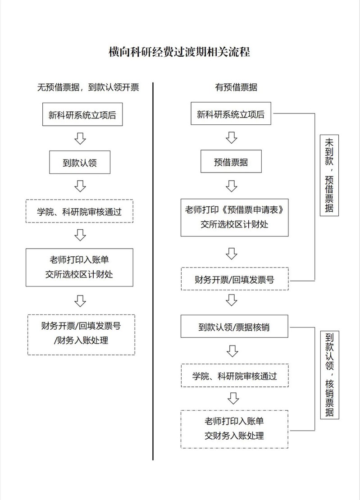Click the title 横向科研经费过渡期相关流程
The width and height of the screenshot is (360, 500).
(179, 52)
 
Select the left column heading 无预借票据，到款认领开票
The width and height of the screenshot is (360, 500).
(88, 87)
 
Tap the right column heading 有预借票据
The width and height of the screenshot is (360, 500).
(236, 87)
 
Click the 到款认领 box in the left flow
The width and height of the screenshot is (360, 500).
(80, 162)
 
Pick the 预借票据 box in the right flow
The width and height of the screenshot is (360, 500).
(231, 161)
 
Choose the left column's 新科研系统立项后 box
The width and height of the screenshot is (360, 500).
(82, 114)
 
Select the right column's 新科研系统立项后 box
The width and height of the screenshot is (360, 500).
(231, 114)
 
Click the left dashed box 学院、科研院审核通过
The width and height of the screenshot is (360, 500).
(79, 211)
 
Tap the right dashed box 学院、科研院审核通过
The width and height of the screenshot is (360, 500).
(235, 375)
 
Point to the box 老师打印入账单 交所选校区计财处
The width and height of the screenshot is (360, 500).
(79, 268)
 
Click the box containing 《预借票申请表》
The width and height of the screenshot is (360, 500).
(235, 218)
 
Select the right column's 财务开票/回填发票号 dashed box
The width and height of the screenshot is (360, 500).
(235, 279)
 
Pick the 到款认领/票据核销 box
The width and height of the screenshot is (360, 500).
(234, 326)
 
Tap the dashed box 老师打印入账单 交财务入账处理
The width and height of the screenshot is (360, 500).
(234, 429)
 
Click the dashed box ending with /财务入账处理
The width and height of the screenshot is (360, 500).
(81, 335)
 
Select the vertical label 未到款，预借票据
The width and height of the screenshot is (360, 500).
(329, 175)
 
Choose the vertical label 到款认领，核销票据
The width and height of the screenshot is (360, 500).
(329, 375)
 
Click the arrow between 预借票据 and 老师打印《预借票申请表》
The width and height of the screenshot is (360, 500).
(232, 186)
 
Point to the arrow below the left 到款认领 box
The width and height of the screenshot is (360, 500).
(80, 186)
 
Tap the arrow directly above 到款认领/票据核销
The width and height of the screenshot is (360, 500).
(232, 300)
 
